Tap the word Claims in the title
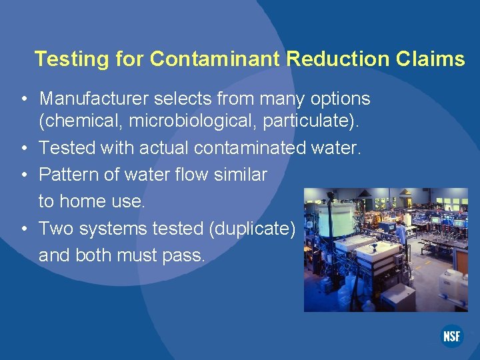tap(431, 59)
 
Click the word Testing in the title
tap(72, 59)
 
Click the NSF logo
tap(451, 337)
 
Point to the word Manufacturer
tap(94, 99)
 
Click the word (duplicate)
tap(252, 229)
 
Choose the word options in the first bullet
tap(337, 99)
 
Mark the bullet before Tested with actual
tap(24, 148)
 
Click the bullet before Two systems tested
tap(24, 229)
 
